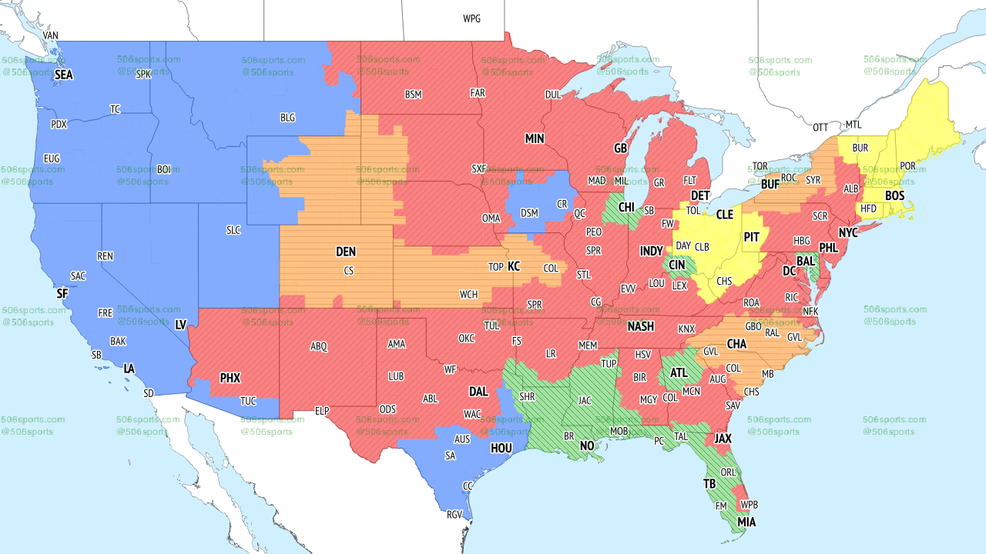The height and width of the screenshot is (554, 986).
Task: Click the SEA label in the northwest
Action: click(x=64, y=75)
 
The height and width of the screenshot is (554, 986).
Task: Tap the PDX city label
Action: click(x=59, y=125)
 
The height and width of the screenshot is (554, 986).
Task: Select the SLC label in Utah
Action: click(x=234, y=230)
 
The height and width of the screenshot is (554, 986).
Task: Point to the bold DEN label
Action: click(x=346, y=252)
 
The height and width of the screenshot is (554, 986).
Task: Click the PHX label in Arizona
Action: click(x=230, y=378)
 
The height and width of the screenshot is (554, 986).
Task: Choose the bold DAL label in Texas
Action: click(x=478, y=392)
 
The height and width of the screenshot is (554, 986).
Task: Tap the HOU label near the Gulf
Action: click(x=501, y=448)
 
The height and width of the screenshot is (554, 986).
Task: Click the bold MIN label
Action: click(x=535, y=139)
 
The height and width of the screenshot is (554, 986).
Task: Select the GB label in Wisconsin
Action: click(x=620, y=148)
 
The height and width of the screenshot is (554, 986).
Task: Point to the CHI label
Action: click(x=625, y=207)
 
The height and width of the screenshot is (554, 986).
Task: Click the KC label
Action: click(x=514, y=266)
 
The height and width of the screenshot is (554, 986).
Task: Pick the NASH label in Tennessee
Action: click(x=640, y=326)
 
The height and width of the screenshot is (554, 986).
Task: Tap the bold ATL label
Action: click(x=679, y=373)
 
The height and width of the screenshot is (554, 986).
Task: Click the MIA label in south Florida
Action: click(x=746, y=522)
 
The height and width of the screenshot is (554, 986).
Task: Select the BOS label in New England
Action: click(x=894, y=196)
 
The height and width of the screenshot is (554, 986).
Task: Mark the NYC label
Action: click(x=848, y=232)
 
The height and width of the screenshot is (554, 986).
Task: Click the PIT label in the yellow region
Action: click(x=752, y=238)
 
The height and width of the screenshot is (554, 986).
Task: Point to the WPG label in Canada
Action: click(x=471, y=18)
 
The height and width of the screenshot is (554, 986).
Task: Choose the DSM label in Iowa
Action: click(x=529, y=213)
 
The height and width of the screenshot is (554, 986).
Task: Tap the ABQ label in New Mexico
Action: click(x=319, y=346)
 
